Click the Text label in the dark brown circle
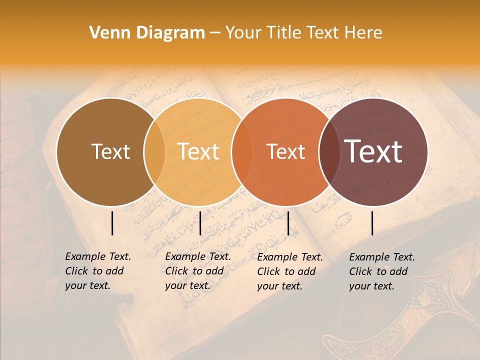tap(110, 151)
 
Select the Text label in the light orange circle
tap(198, 151)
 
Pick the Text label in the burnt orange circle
tap(286, 151)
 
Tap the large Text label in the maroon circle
tap(373, 151)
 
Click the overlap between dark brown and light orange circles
tap(154, 151)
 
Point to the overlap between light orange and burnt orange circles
tap(242, 151)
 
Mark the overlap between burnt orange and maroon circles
tap(329, 151)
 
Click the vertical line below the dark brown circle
tap(112, 223)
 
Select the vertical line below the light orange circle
tap(200, 223)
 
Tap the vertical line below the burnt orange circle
tap(288, 223)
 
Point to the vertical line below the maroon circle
tap(372, 223)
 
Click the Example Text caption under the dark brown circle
tap(97, 271)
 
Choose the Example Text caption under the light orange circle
tap(197, 271)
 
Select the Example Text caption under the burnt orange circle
tap(289, 271)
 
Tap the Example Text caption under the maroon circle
tap(381, 271)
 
